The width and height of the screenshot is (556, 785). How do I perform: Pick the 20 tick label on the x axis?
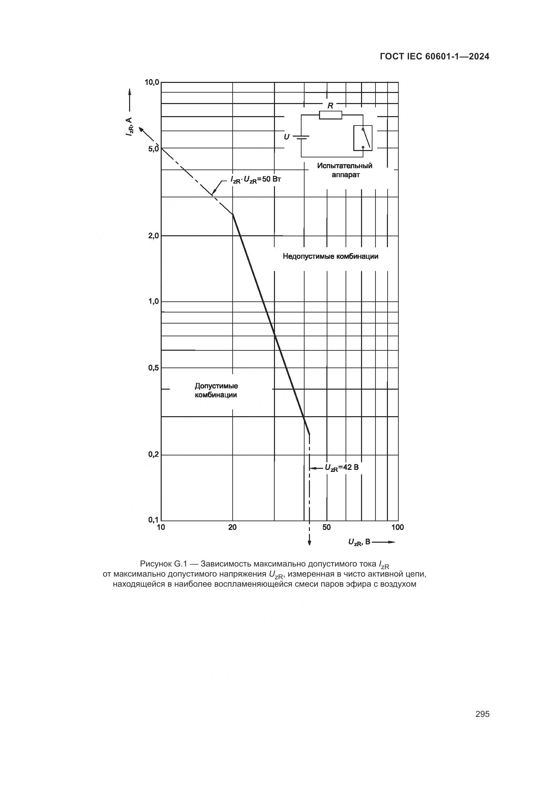[x=233, y=527]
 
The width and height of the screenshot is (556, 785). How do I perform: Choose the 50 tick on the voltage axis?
[x=327, y=527]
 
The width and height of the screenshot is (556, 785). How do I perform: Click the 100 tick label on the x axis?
[x=397, y=527]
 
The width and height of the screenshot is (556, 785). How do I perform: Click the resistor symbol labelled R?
[x=330, y=115]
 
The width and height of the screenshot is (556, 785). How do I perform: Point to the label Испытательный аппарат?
[x=345, y=170]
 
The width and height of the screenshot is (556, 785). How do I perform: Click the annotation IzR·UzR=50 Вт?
[x=255, y=180]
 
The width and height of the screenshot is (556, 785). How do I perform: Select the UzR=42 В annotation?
[x=341, y=468]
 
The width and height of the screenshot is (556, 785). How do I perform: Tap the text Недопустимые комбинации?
[x=330, y=256]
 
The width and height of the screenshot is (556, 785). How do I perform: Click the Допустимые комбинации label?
[x=216, y=390]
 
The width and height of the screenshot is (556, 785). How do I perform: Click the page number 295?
[x=482, y=714]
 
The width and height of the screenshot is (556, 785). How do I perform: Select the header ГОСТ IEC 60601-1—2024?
[x=434, y=56]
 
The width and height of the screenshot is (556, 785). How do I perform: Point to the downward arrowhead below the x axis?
[x=310, y=542]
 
